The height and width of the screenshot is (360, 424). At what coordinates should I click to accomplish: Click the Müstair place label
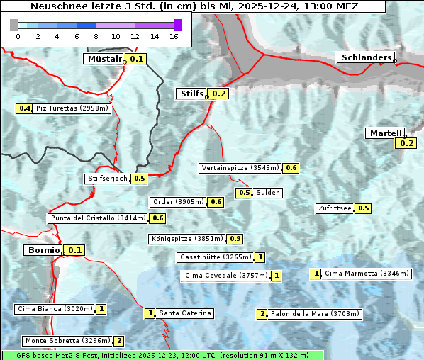tap(104, 59)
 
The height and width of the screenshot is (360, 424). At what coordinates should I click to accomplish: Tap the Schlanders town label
tap(365, 57)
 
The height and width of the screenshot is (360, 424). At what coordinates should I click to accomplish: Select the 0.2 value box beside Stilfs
tap(218, 94)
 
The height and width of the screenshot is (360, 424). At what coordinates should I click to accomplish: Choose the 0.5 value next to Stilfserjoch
tap(139, 179)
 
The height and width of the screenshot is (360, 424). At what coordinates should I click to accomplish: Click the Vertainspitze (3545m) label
tap(240, 168)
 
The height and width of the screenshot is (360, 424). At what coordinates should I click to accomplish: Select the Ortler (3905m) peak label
tap(179, 202)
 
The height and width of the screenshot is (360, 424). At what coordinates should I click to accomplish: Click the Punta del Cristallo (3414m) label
tap(98, 218)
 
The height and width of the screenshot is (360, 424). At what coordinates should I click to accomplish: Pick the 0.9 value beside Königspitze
tap(235, 239)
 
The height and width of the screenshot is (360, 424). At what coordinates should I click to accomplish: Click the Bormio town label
tap(43, 250)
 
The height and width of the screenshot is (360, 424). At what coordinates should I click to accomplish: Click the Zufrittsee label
tap(335, 208)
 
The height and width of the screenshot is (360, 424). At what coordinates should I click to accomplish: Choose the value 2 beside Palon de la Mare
tap(262, 314)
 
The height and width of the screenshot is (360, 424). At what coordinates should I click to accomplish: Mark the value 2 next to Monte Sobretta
tap(119, 341)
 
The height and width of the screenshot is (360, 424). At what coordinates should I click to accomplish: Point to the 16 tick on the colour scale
tap(174, 35)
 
